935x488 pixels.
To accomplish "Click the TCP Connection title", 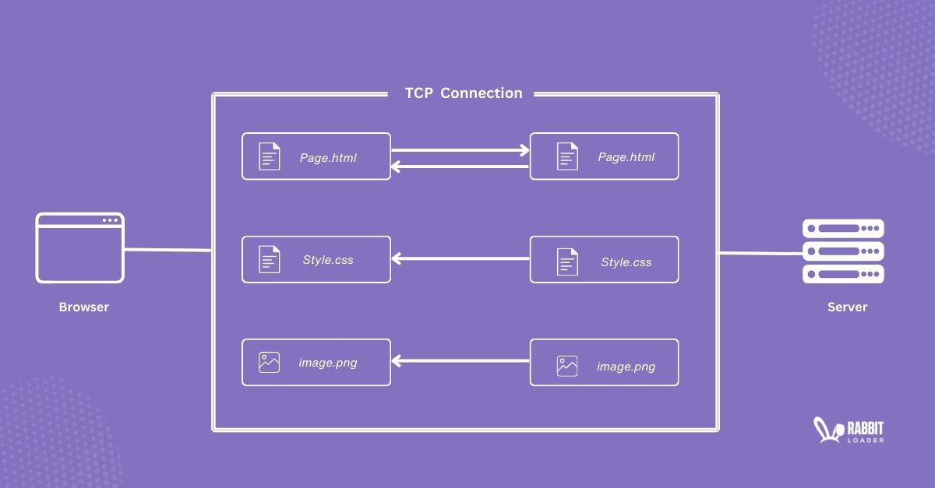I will click(x=464, y=93).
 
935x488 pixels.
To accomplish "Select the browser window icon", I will click(x=79, y=248).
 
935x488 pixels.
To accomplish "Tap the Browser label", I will click(x=84, y=307).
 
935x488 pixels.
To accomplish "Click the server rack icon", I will click(x=843, y=251).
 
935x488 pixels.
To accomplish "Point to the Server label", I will click(x=847, y=307).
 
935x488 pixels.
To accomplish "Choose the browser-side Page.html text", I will click(x=328, y=157).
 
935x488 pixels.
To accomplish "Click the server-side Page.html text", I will click(x=626, y=157).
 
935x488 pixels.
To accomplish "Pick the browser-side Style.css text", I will click(x=328, y=260).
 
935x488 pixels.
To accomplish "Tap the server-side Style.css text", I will click(x=626, y=262).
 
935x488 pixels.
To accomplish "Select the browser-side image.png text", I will click(x=328, y=363).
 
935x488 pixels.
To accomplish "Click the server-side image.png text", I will click(x=626, y=367).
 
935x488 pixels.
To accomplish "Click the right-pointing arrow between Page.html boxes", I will click(x=460, y=150).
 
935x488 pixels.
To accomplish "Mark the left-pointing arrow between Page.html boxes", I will click(x=460, y=166).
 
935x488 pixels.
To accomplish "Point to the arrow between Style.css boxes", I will click(x=460, y=258).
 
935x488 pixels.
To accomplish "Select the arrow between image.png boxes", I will click(x=460, y=361).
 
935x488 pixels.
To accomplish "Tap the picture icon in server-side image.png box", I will click(x=567, y=366).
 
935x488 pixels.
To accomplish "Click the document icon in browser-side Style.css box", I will click(x=269, y=259).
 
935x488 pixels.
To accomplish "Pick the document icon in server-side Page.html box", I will click(x=567, y=156).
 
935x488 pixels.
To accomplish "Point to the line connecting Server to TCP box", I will click(x=760, y=253).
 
